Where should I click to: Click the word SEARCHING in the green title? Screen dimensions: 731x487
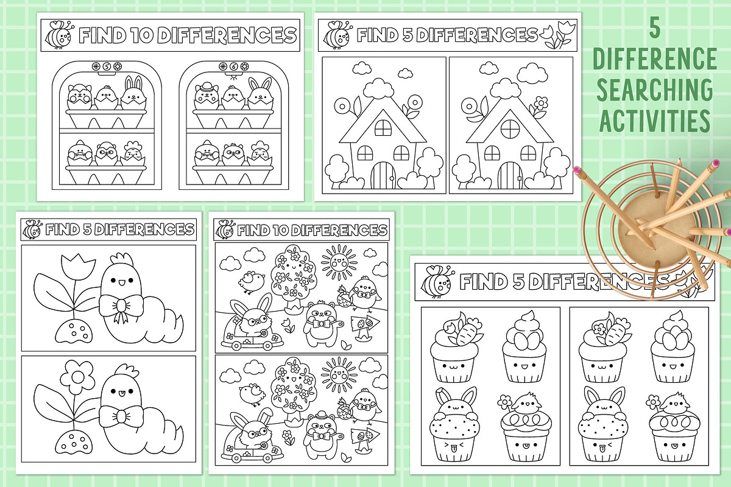point(655,89)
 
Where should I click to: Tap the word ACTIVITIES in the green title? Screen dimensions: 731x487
point(655,120)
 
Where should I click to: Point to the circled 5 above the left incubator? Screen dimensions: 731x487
point(107,66)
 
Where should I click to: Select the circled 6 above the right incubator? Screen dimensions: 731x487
point(233,66)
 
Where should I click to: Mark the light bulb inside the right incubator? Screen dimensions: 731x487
point(233,77)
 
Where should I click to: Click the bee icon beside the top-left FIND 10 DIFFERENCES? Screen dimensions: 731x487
point(59,35)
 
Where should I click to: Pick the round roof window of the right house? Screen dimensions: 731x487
point(510,129)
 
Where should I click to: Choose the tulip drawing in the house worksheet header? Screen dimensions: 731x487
point(557,35)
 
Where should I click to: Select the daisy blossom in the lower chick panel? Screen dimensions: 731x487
point(77,377)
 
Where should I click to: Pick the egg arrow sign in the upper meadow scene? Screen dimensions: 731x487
point(365,326)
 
